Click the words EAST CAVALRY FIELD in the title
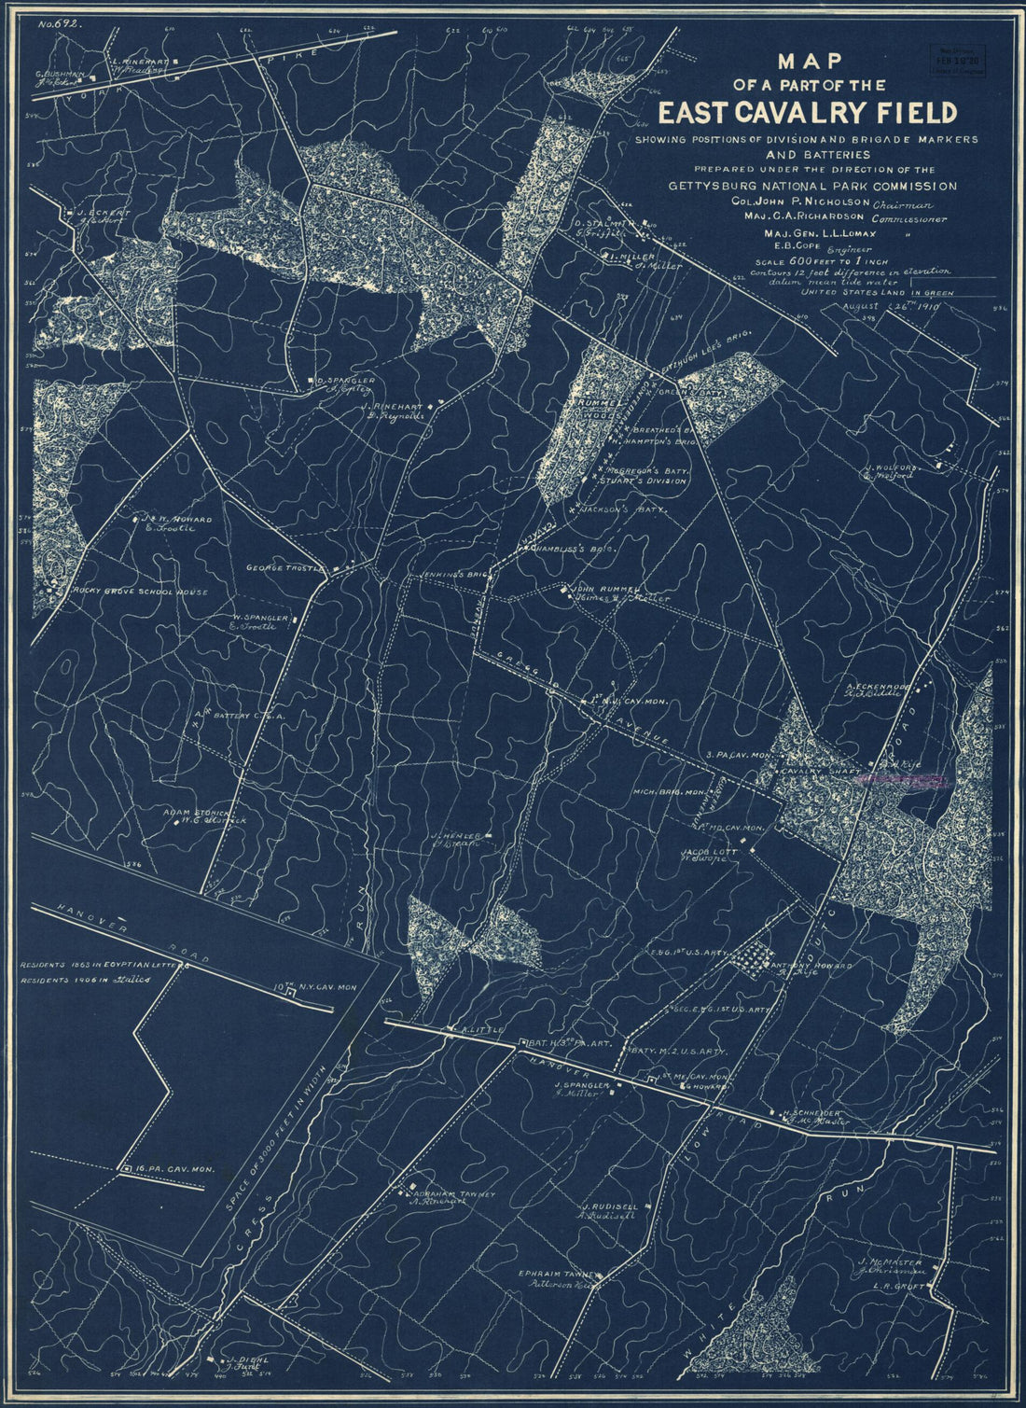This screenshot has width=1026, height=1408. tap(808, 113)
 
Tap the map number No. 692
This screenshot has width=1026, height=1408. tap(58, 26)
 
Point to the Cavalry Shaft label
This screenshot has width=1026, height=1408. tap(812, 772)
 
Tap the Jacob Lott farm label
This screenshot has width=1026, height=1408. tap(691, 853)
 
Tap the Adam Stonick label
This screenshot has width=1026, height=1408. tap(203, 813)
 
